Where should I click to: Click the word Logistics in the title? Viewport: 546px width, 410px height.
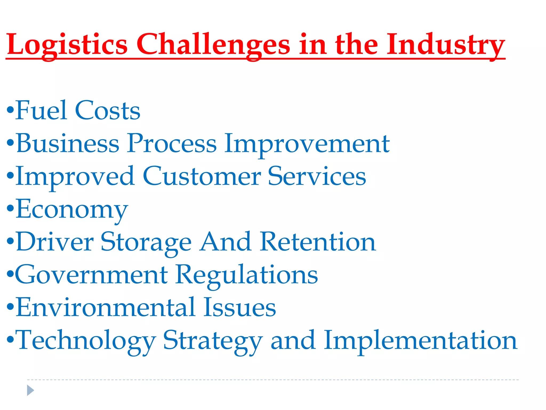click(x=67, y=44)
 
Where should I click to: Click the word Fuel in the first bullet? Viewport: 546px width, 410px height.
click(x=41, y=110)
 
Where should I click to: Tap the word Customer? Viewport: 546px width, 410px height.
click(x=202, y=176)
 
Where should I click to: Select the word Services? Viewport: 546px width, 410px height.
click(x=317, y=176)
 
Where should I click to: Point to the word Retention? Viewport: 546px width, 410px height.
click(x=318, y=242)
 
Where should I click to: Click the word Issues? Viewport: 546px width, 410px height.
click(x=239, y=307)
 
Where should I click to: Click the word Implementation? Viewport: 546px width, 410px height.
click(x=421, y=341)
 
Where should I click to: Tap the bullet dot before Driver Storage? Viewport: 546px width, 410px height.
click(x=10, y=241)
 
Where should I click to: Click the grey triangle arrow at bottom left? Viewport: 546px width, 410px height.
click(x=30, y=390)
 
